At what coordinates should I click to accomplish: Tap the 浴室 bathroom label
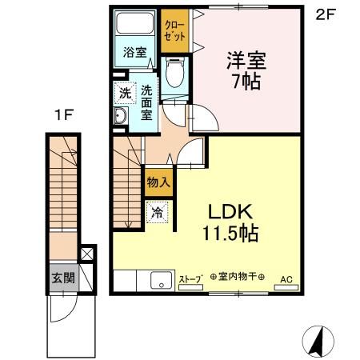pos(134,53)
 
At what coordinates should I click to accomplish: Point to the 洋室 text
pos(246,60)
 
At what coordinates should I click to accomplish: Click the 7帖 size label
pos(246,82)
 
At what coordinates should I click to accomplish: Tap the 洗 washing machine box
pos(124,93)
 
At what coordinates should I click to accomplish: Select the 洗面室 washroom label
pos(146,102)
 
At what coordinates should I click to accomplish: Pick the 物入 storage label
pos(158,182)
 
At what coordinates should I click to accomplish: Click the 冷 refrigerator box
pos(157,213)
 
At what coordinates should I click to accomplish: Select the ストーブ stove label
pos(190,281)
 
